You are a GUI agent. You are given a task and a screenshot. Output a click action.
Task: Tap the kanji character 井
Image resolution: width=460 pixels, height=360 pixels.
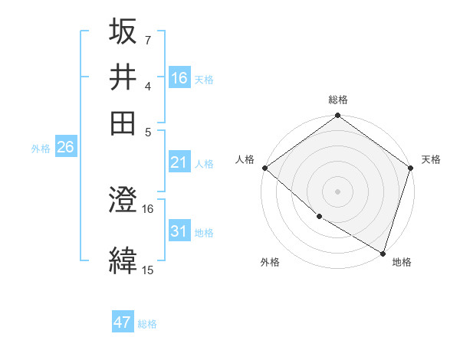pos(123,77)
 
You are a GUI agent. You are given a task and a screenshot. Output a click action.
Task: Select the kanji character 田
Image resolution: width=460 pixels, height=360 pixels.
pos(123,123)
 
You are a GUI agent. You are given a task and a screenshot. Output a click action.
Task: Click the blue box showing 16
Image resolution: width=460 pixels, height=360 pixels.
pos(179,77)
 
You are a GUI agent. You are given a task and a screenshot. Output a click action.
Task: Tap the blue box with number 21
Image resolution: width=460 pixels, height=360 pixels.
pos(179,162)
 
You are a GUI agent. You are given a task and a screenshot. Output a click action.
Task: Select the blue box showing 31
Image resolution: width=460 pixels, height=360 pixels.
pos(179,231)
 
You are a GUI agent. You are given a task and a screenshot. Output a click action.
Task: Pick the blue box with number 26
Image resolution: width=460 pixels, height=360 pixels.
pos(65,148)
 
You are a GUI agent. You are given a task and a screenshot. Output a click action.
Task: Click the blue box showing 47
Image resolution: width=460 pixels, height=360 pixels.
pos(123,322)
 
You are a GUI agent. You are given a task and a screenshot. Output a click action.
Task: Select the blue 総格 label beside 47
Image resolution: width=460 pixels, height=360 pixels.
pos(147,324)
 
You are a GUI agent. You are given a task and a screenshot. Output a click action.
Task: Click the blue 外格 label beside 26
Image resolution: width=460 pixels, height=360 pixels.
pos(40,149)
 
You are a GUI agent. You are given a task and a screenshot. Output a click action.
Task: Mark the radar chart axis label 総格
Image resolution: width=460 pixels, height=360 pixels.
pos(337,100)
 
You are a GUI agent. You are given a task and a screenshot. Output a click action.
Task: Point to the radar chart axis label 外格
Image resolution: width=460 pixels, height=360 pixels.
pos(270,262)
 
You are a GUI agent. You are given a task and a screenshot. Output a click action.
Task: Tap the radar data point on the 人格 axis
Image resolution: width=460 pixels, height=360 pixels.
pos(264,168)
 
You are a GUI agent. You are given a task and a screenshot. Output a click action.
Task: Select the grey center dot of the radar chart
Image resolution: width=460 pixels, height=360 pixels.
pos(337,191)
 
